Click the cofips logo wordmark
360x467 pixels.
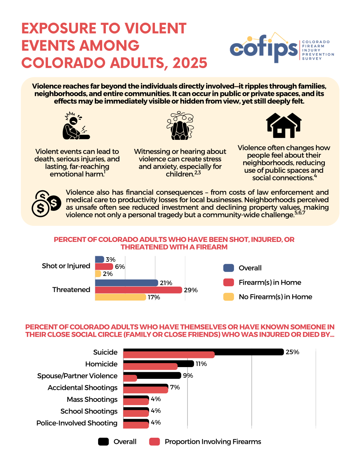click(x=264, y=49)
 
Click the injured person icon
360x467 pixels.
click(x=76, y=126)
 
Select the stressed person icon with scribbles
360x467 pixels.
click(x=180, y=126)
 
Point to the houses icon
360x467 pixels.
click(x=284, y=125)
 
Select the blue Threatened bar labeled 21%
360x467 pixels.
click(x=126, y=283)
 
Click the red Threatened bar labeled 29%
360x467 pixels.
click(x=138, y=290)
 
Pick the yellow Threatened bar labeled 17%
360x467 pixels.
click(x=120, y=297)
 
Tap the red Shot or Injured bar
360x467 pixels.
click(x=104, y=266)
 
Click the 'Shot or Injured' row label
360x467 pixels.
click(x=66, y=266)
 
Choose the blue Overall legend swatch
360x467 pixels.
click(x=229, y=268)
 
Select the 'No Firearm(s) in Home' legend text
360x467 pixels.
click(x=275, y=297)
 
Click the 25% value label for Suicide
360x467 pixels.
click(x=292, y=352)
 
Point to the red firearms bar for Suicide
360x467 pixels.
click(x=169, y=355)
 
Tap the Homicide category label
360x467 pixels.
click(x=101, y=364)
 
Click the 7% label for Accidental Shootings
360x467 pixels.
click(x=175, y=387)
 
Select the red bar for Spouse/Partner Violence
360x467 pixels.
click(x=130, y=378)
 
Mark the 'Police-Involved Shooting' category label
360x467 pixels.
click(x=77, y=423)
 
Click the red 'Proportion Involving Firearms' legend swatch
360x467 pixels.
click(x=155, y=442)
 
